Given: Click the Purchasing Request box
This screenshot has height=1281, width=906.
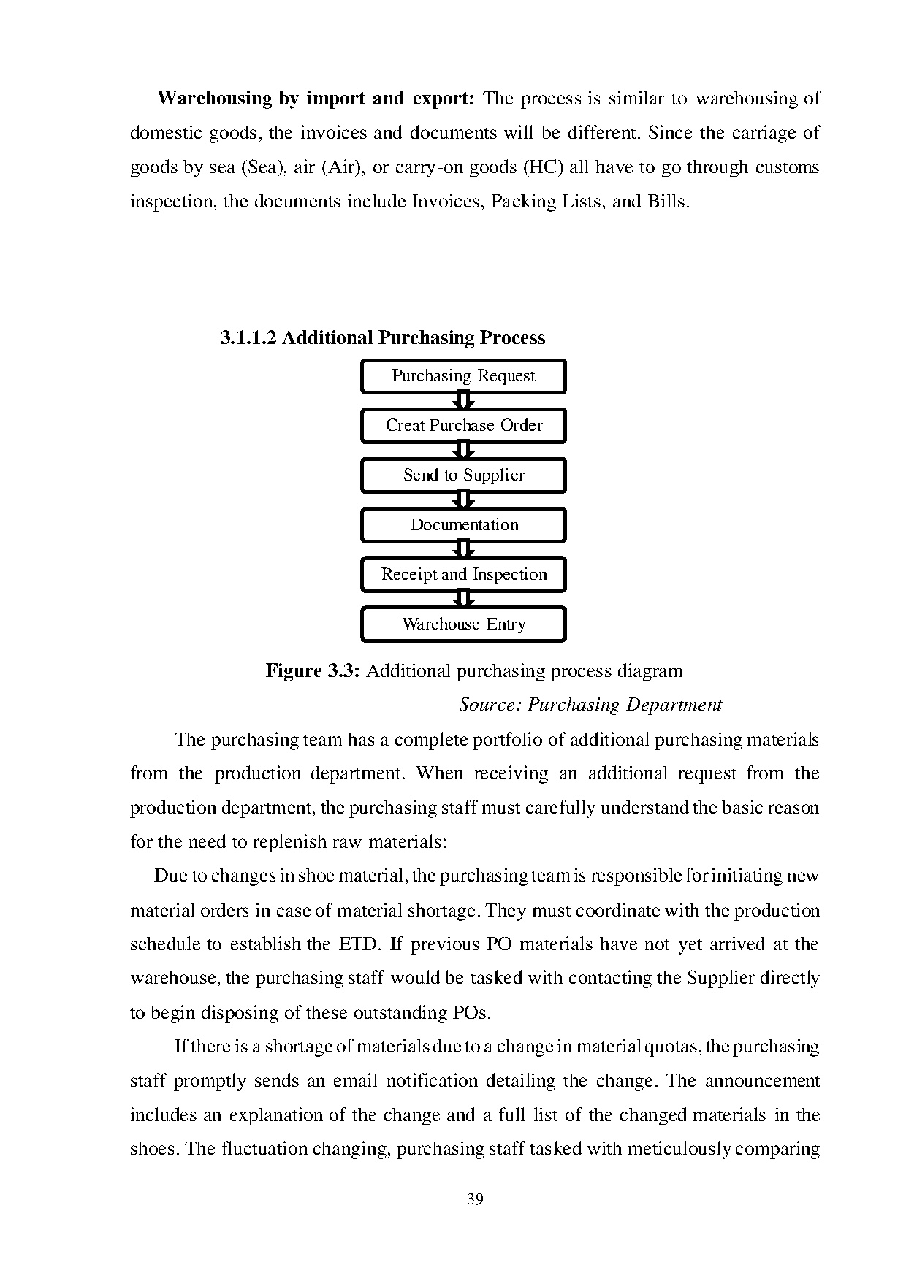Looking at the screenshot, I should [463, 376].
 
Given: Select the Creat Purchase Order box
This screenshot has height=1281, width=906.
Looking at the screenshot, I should [463, 426].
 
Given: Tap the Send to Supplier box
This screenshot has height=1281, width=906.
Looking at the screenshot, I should [463, 475].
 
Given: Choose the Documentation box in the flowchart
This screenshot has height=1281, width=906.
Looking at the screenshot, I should [463, 525].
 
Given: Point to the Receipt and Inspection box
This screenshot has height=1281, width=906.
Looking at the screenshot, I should [463, 575].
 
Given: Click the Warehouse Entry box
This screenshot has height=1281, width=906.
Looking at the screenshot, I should [463, 624].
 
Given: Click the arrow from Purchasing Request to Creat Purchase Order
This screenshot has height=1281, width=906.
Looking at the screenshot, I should [463, 401].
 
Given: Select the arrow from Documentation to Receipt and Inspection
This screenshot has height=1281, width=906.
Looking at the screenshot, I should [463, 550].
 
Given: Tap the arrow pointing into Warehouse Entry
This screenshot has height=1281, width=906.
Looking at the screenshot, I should [463, 600].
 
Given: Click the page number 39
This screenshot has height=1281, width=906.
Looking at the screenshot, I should [475, 1199].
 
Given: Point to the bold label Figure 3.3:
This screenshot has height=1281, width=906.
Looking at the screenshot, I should [313, 670].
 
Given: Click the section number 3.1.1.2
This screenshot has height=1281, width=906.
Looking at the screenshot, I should [248, 338].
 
